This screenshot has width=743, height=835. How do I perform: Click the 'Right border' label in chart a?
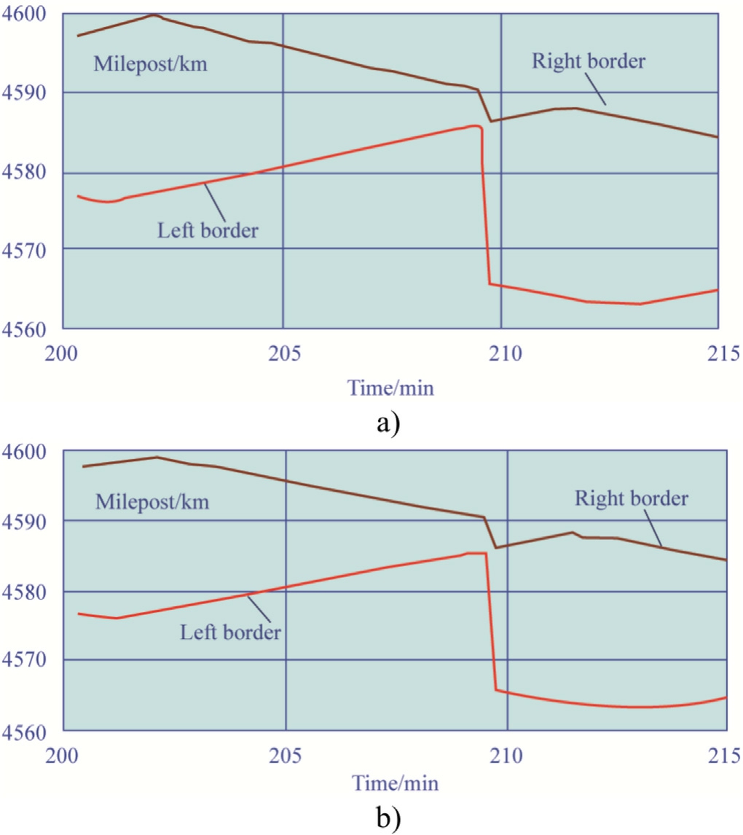[588, 60]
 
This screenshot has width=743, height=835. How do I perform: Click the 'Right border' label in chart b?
[631, 499]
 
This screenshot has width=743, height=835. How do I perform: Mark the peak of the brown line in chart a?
[154, 15]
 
